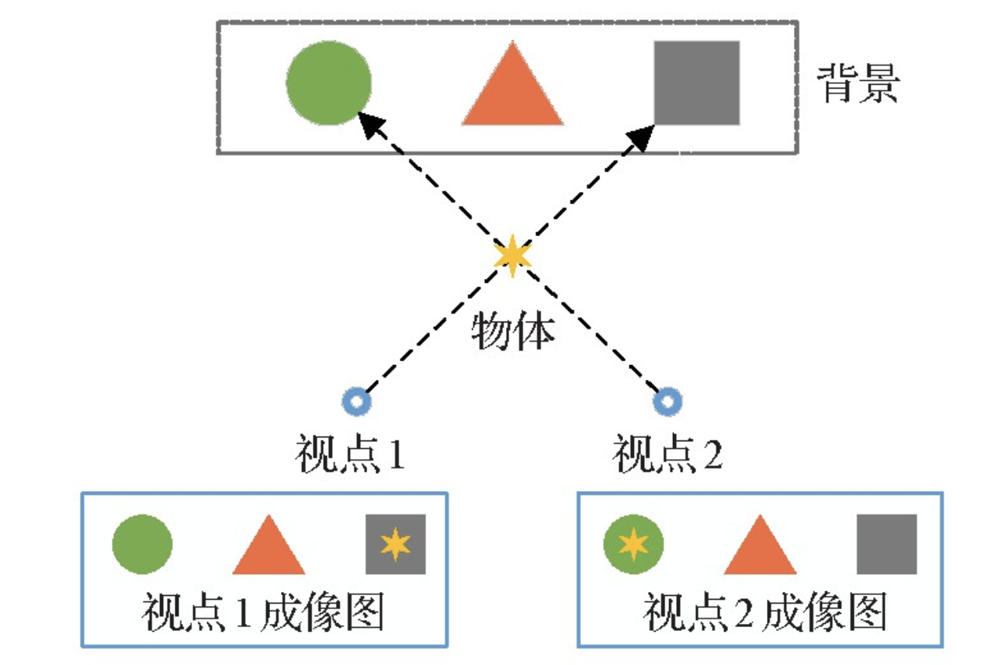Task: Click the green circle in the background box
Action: click(x=328, y=83)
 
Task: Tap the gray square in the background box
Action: click(x=696, y=83)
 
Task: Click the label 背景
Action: click(x=858, y=85)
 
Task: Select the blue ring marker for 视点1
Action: click(x=357, y=402)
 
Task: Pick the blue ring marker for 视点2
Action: click(x=667, y=402)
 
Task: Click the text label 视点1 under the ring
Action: click(x=350, y=455)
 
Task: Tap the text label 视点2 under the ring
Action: click(x=667, y=455)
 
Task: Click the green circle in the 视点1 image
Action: click(x=142, y=544)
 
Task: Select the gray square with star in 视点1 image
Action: click(x=396, y=544)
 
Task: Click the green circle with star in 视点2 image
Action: click(x=633, y=544)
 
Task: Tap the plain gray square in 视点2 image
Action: click(x=886, y=544)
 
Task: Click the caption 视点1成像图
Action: click(x=263, y=614)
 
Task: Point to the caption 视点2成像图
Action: click(x=764, y=614)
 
